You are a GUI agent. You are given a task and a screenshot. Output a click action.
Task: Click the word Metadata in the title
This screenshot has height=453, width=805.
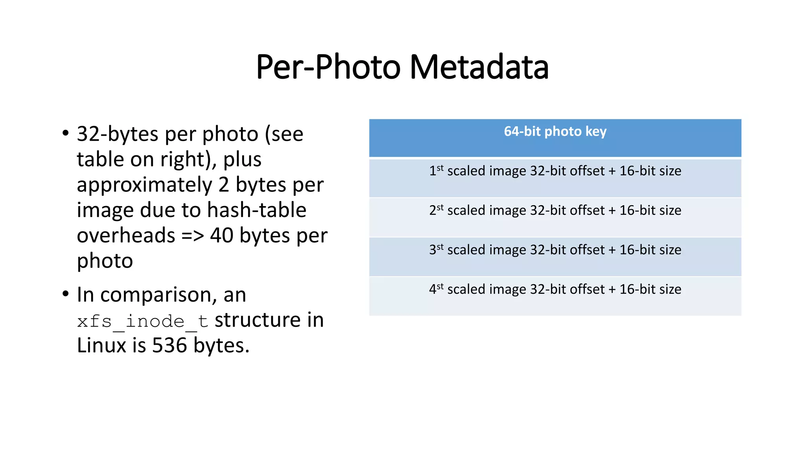tap(479, 67)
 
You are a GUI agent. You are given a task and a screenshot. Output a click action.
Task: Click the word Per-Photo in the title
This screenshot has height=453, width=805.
tap(328, 67)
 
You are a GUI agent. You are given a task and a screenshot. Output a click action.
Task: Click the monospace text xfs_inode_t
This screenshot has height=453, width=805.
tap(142, 321)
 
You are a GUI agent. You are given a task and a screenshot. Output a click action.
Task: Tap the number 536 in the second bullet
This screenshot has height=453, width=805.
tap(169, 346)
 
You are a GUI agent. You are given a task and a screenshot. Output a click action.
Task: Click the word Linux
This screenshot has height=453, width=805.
tap(101, 346)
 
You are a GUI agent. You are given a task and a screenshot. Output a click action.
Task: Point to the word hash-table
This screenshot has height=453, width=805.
tap(257, 210)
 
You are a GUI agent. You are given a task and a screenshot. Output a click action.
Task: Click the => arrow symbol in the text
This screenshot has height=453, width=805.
tap(193, 236)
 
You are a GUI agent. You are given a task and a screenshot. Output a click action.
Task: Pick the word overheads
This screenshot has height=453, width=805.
tap(126, 236)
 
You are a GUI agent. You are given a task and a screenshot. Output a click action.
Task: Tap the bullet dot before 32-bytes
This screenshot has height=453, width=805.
tap(65, 133)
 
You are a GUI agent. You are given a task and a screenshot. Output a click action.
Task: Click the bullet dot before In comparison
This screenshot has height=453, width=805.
tap(65, 294)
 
